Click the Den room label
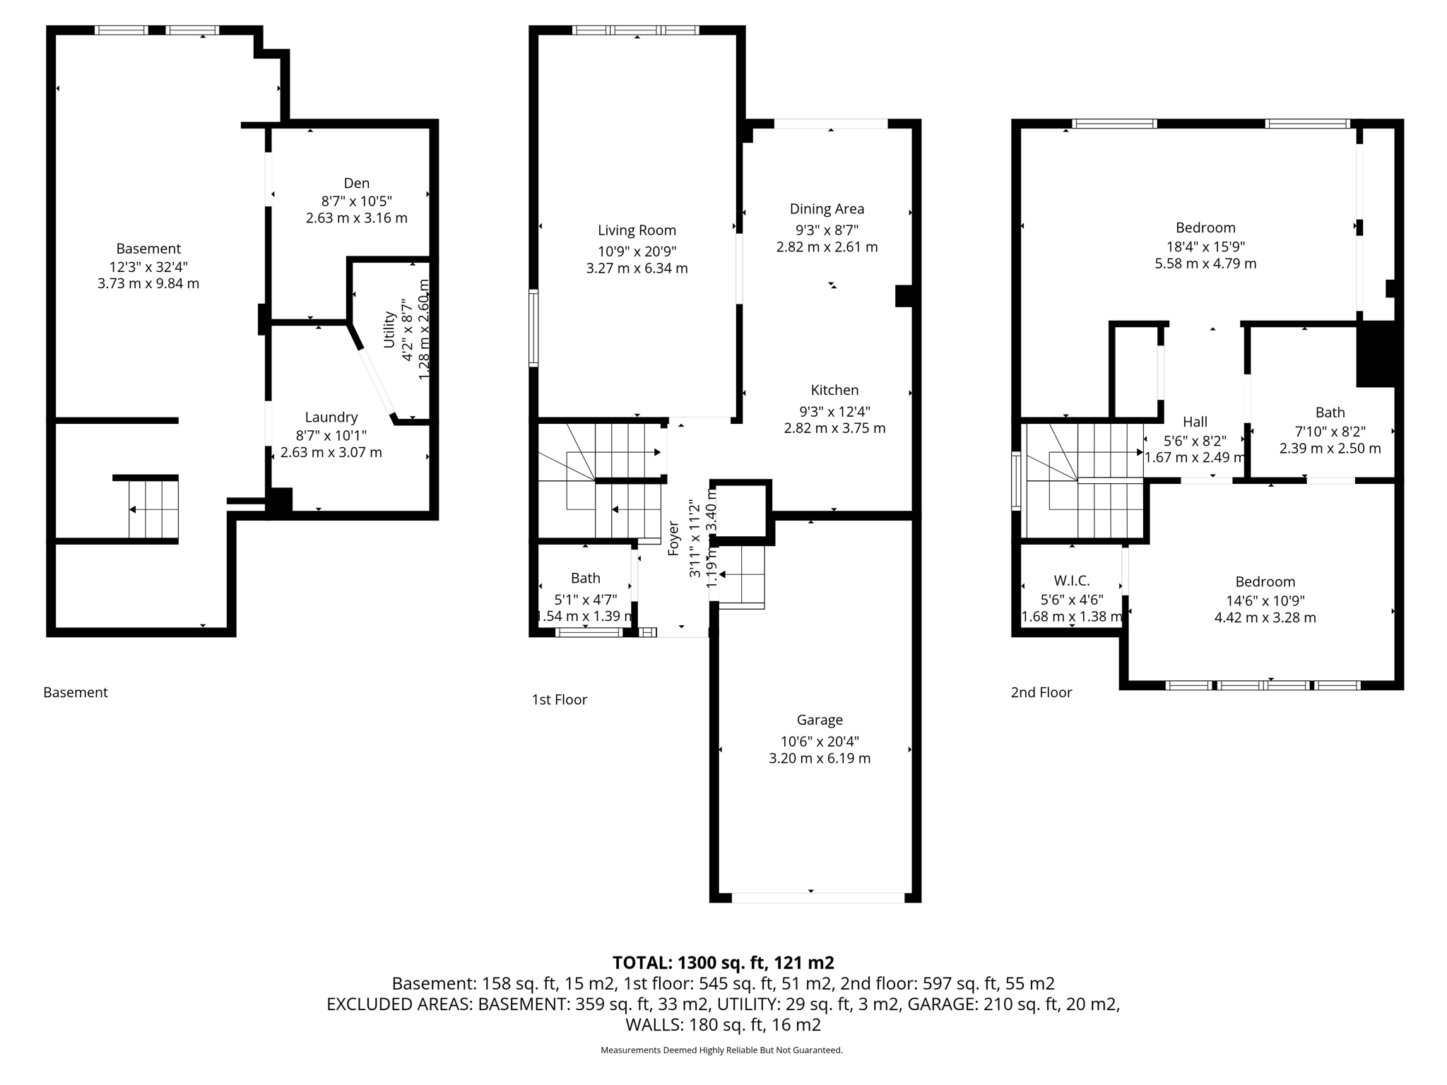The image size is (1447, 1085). [356, 183]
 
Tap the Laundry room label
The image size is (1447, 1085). [331, 417]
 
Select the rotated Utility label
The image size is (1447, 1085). [389, 329]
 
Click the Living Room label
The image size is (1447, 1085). [637, 230]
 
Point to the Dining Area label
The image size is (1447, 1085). [827, 209]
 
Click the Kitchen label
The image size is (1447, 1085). [834, 390]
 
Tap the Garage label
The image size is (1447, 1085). [820, 720]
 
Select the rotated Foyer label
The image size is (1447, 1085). [673, 538]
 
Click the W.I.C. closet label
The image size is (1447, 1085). [1071, 581]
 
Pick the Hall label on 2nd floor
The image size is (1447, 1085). [1195, 422]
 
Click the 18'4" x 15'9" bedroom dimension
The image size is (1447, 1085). [1205, 247]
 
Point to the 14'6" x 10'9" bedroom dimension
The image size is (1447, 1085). [1265, 600]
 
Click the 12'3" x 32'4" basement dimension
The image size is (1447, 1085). [148, 267]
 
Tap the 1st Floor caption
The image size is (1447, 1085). [559, 699]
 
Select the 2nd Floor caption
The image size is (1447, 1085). [1041, 692]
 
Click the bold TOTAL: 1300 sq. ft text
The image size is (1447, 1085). [723, 963]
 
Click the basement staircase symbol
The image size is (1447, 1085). [153, 509]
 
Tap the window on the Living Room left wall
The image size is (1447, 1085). [534, 328]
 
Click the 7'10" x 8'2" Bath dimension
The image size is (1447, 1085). [1330, 431]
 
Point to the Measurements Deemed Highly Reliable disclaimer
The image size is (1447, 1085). [721, 1050]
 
